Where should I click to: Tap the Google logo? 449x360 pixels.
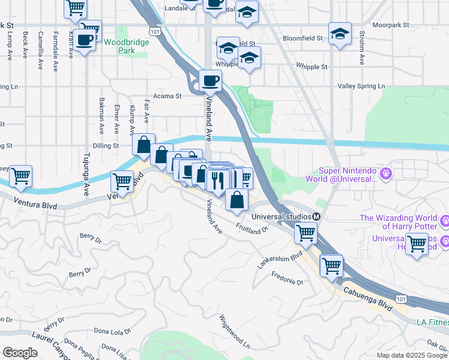click(x=20, y=352)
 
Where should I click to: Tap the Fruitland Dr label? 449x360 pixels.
click(x=251, y=229)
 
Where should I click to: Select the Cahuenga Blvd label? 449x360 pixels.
click(x=367, y=298)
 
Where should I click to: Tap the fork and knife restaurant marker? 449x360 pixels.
click(x=217, y=179)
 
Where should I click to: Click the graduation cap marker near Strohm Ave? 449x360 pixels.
click(x=340, y=34)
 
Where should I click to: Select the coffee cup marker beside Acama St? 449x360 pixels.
click(x=210, y=80)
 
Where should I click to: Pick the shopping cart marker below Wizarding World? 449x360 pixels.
click(x=417, y=244)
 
